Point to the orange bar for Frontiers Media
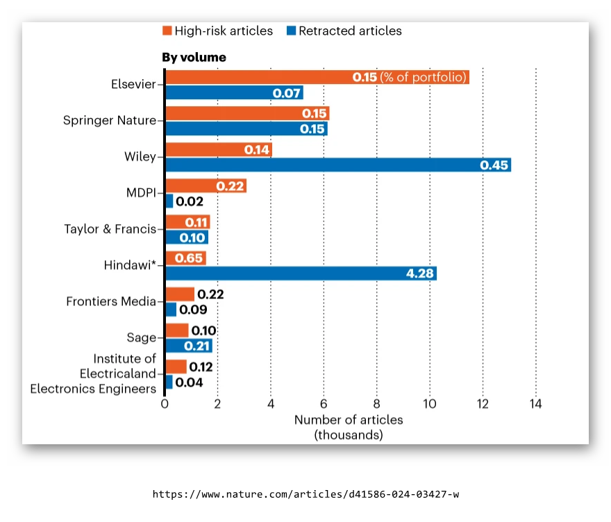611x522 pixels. [x=180, y=294]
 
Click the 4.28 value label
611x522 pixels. [x=419, y=273]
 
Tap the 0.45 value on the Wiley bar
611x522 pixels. [x=494, y=165]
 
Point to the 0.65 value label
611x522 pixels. [x=189, y=258]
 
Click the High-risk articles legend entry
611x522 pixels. [x=217, y=31]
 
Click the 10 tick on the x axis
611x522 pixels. [x=430, y=404]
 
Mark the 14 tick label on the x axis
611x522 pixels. [x=535, y=404]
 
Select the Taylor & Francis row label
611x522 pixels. [x=110, y=228]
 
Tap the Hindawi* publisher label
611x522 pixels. [x=130, y=265]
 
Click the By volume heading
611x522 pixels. [x=194, y=57]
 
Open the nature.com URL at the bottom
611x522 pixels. [x=305, y=494]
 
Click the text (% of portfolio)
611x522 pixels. [x=423, y=77]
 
